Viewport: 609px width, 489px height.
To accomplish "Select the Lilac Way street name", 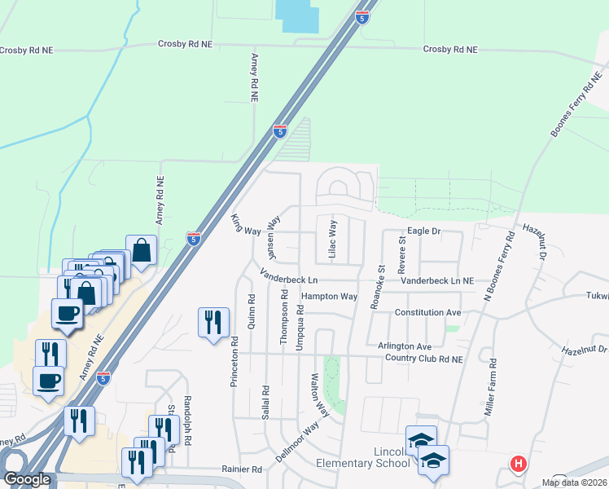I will click(332, 238).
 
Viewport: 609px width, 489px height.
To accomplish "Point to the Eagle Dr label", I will click(423, 231).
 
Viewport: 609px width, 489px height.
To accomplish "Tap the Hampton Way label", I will click(329, 297).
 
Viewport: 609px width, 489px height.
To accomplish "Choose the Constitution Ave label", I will click(427, 312).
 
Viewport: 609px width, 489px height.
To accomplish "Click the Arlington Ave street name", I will click(404, 346).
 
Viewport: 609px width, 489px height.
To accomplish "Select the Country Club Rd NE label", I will click(423, 359).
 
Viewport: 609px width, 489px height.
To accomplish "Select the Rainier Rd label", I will click(242, 469).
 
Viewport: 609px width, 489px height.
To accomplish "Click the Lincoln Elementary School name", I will click(363, 457).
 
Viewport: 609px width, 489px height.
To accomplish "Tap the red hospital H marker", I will click(518, 465).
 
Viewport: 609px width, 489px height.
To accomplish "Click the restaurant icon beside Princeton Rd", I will click(213, 322).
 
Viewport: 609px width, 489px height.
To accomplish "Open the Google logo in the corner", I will click(27, 479).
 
